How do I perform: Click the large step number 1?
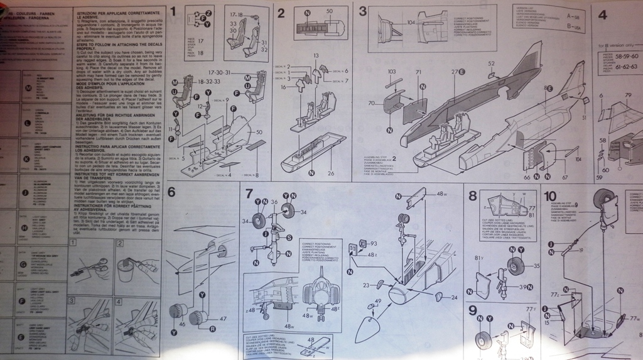tap(173, 11)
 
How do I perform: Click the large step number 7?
tap(249, 194)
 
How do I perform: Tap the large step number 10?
tap(551, 195)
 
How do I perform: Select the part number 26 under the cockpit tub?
tap(330, 173)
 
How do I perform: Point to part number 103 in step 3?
tap(391, 72)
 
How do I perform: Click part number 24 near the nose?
tap(454, 298)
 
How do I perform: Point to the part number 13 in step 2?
tap(316, 56)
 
